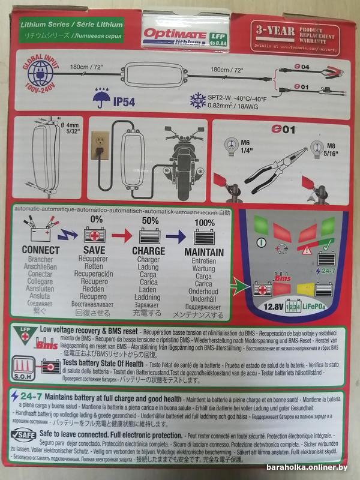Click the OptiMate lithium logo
click(170, 35)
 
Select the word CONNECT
click(40, 250)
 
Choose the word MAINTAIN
click(204, 252)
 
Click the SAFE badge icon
click(25, 435)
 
